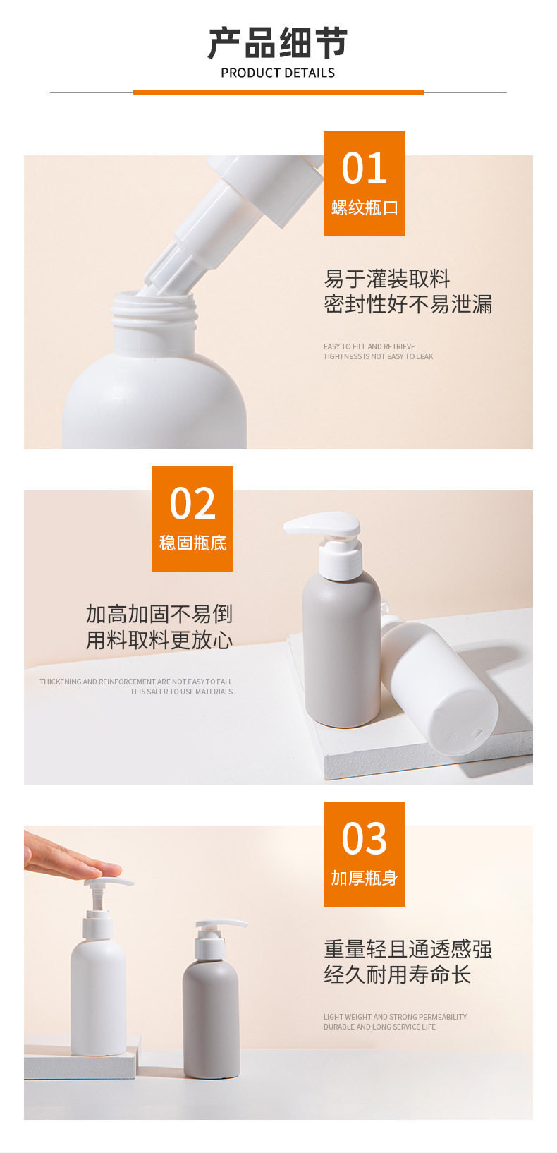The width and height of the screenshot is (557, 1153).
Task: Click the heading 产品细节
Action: tap(278, 43)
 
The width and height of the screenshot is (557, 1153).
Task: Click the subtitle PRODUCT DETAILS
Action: tap(278, 73)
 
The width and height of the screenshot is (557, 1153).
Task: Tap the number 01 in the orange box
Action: tap(364, 169)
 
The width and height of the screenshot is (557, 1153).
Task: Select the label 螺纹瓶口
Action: tap(365, 207)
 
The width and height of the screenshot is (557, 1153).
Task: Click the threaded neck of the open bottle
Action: tap(154, 311)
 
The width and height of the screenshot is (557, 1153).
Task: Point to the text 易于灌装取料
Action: tap(387, 279)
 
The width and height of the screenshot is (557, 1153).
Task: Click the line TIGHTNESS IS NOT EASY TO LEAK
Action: tap(378, 356)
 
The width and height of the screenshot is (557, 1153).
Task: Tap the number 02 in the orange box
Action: tap(192, 503)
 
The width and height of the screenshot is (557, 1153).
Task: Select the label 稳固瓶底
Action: tap(193, 543)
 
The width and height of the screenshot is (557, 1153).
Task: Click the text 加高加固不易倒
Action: tap(159, 614)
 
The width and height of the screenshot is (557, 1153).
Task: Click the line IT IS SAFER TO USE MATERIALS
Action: tap(181, 692)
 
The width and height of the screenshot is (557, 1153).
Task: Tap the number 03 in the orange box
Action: tap(364, 838)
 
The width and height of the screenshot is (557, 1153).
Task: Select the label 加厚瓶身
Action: tap(365, 878)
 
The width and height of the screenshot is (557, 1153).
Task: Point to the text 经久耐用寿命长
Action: tap(397, 974)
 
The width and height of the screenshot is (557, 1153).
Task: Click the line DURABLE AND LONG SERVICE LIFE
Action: tap(379, 1027)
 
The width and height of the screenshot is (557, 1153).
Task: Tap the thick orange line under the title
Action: tap(278, 92)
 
